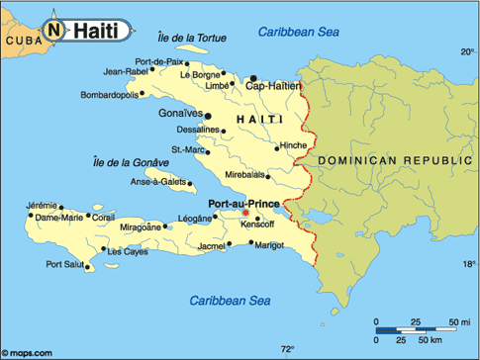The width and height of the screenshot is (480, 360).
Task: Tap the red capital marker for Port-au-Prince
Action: click(246, 213)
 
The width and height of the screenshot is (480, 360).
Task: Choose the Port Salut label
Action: click(65, 264)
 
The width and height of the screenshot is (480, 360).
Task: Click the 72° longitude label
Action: click(288, 349)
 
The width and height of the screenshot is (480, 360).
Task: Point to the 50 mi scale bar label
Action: click(460, 322)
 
